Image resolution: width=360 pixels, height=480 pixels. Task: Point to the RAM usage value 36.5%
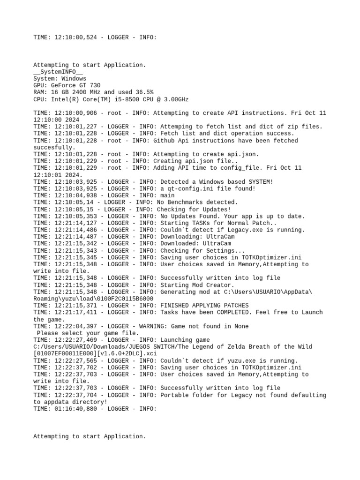144,93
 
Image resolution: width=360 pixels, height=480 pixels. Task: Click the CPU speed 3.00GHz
174,99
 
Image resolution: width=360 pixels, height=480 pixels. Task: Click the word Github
171,141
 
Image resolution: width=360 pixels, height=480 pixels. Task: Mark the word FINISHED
174,305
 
